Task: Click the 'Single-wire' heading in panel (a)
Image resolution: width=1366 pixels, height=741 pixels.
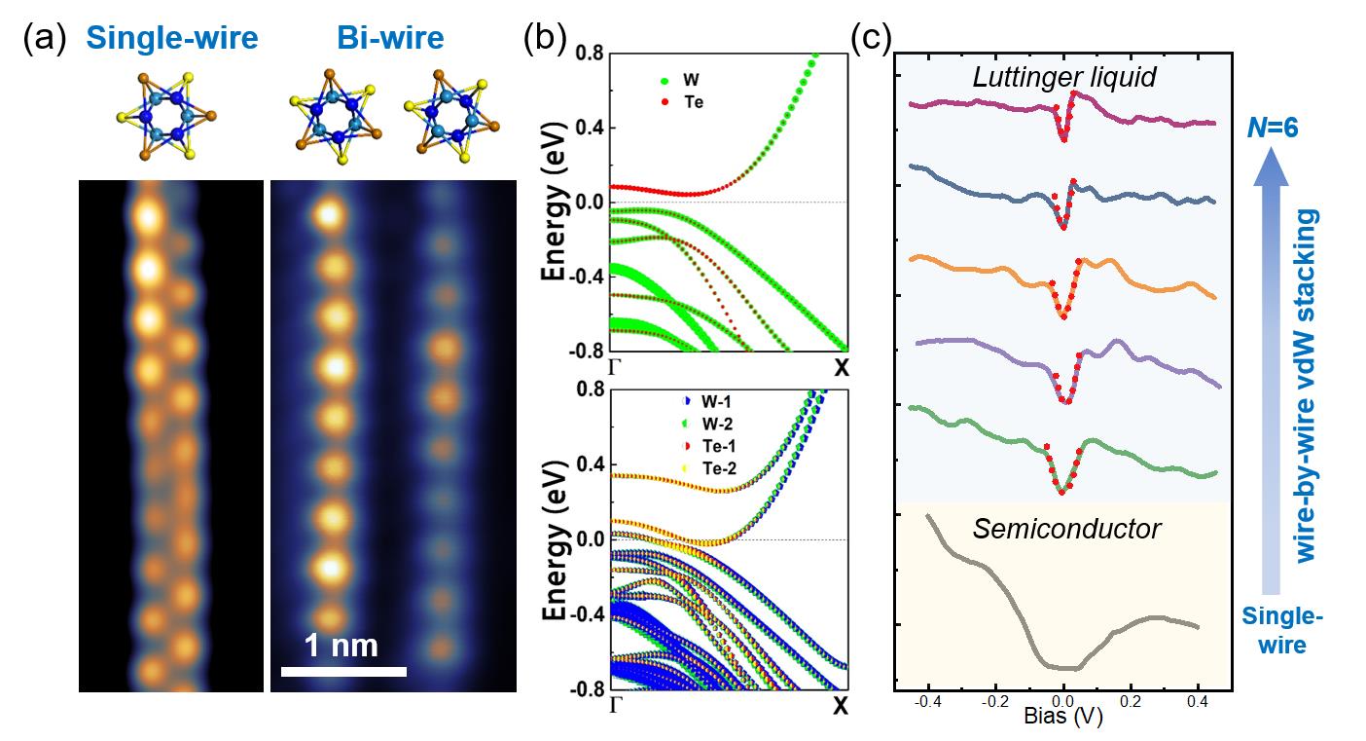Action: pyautogui.click(x=172, y=38)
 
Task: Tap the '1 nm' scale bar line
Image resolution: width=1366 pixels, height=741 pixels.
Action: pyautogui.click(x=343, y=671)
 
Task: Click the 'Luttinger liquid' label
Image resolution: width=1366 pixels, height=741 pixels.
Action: pyautogui.click(x=1064, y=77)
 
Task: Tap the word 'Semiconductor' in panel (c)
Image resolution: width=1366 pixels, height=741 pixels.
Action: pyautogui.click(x=1066, y=529)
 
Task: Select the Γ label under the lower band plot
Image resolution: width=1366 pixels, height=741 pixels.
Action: pyautogui.click(x=614, y=703)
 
